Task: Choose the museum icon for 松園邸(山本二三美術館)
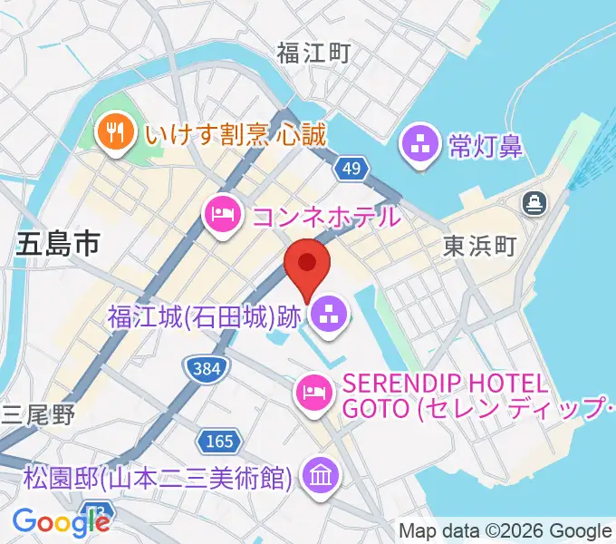coord(320,475)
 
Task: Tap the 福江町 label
coord(313,53)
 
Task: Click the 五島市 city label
coord(56,244)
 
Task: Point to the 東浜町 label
coord(479,245)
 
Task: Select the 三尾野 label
coord(38,413)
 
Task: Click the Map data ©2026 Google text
coord(505,530)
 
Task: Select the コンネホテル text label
coord(325,216)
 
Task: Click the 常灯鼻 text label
coord(486,144)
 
